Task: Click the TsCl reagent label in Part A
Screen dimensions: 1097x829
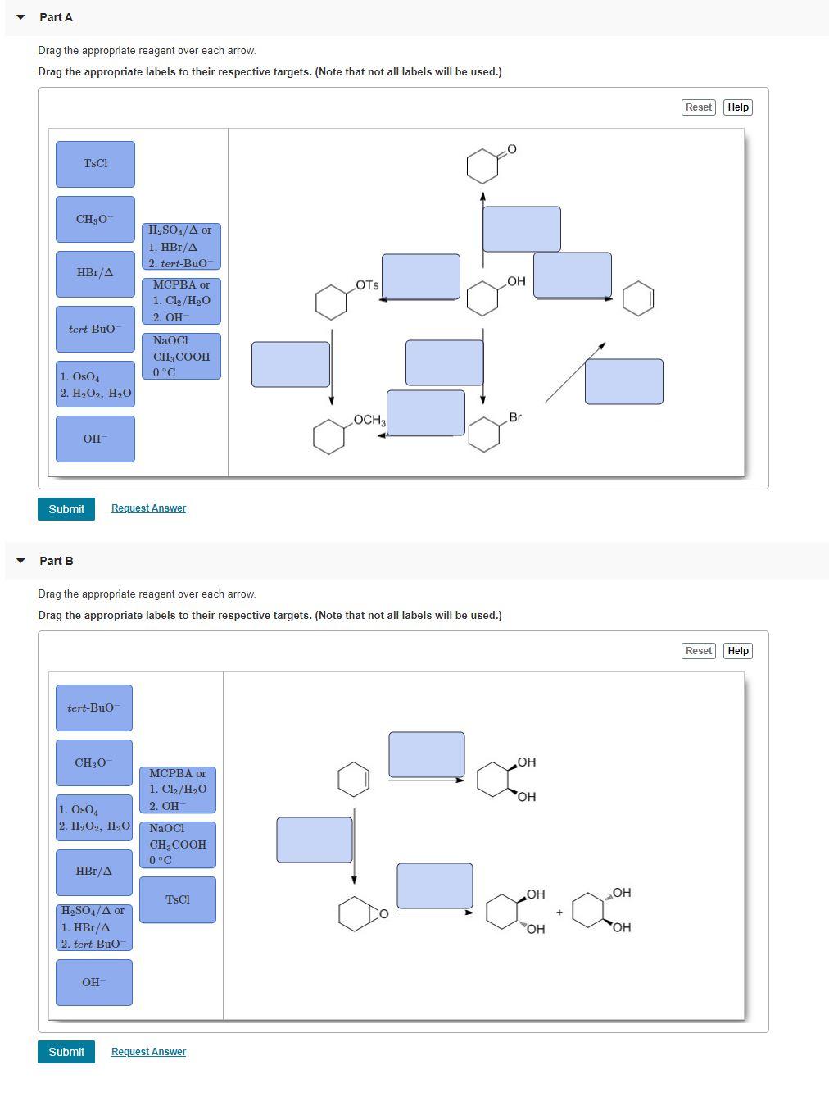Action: pos(95,164)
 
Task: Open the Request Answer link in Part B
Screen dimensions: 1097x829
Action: pos(148,1052)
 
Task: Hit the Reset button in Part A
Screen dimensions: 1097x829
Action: pos(698,107)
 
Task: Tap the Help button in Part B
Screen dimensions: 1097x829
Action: pos(738,651)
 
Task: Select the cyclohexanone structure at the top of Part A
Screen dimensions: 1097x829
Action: pos(484,165)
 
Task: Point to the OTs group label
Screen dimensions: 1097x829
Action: pos(368,285)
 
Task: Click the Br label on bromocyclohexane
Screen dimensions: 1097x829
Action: pos(515,417)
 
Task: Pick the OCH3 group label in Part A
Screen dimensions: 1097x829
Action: pos(369,420)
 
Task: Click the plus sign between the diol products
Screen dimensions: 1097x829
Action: pos(559,912)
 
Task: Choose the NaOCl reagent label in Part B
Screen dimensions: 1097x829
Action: pos(178,844)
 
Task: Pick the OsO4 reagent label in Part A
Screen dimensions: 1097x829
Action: pos(95,385)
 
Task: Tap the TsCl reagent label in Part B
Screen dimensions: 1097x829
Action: pos(178,899)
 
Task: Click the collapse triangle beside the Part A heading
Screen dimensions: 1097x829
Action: pos(20,17)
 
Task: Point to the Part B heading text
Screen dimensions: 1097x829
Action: pos(57,561)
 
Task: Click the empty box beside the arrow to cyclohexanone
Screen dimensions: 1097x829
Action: pos(522,229)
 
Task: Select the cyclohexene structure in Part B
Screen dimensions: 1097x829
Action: pos(354,779)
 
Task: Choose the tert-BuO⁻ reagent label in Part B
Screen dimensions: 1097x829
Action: pos(94,708)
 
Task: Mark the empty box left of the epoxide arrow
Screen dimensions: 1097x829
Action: pos(315,840)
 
